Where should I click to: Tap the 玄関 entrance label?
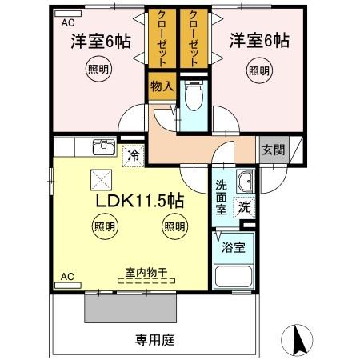(271, 150)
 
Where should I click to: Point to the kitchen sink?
(102, 148)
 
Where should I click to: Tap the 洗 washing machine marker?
(243, 205)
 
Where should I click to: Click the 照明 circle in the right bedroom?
(258, 70)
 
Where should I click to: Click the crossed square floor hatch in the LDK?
(101, 181)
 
